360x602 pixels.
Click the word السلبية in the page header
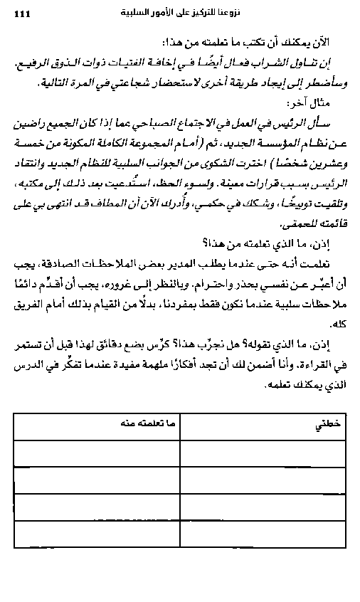tap(140, 12)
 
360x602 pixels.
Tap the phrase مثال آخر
tap(324, 104)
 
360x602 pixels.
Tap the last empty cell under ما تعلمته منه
tap(97, 533)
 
